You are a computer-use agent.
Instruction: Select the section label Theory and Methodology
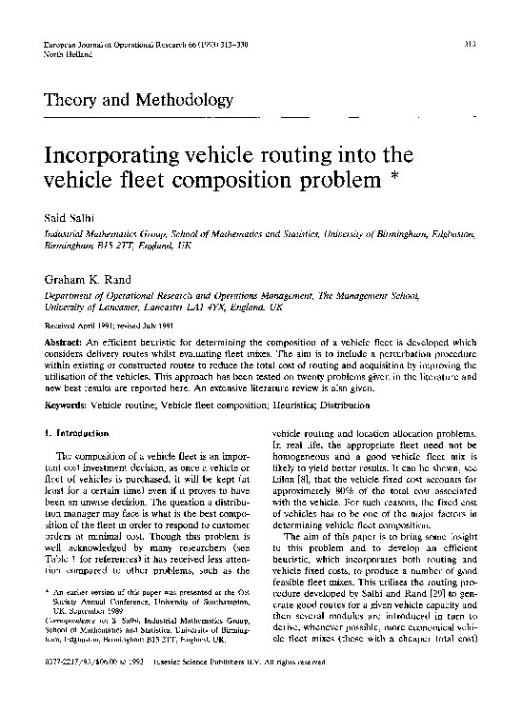coord(132,99)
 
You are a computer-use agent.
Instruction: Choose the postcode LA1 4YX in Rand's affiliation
coord(198,309)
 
